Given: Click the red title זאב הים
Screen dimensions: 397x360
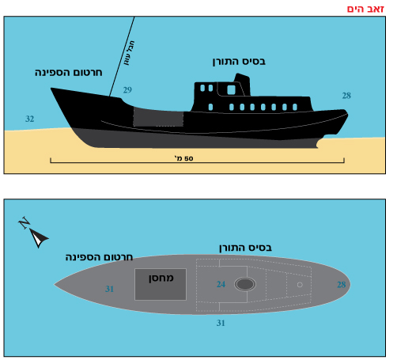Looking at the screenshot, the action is tap(365, 9).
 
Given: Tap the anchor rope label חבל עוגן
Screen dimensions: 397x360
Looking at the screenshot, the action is tap(129, 53).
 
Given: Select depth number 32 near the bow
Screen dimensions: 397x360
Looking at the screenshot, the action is tap(30, 119).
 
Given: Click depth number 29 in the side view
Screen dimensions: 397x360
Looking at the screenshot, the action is tap(127, 90).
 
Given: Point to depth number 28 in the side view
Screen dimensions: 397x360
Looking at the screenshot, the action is tap(346, 96).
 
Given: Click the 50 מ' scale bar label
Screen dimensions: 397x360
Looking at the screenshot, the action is tap(183, 158).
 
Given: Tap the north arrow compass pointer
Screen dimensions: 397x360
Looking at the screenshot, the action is tap(39, 237).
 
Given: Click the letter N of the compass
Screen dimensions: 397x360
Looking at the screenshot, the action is tap(25, 223).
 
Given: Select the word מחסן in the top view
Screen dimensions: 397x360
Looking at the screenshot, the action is tap(161, 279).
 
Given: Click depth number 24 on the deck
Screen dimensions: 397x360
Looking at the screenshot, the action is tap(221, 284).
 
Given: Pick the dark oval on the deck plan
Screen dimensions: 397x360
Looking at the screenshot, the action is tap(245, 284).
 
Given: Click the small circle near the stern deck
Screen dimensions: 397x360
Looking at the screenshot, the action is tap(300, 285).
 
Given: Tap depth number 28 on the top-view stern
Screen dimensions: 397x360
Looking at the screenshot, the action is tap(342, 285).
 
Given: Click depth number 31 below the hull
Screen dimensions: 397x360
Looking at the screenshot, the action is tap(221, 323).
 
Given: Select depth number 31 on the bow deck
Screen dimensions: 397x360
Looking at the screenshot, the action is tap(109, 289).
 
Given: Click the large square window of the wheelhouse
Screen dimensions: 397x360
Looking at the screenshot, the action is tap(231, 90).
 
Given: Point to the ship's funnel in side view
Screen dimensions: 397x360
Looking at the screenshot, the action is tap(243, 84).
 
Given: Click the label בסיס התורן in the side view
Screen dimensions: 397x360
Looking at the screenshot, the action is tap(239, 62).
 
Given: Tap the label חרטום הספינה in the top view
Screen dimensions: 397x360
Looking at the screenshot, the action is tap(99, 257).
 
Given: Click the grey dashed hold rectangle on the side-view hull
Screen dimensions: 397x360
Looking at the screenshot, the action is tap(158, 117).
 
